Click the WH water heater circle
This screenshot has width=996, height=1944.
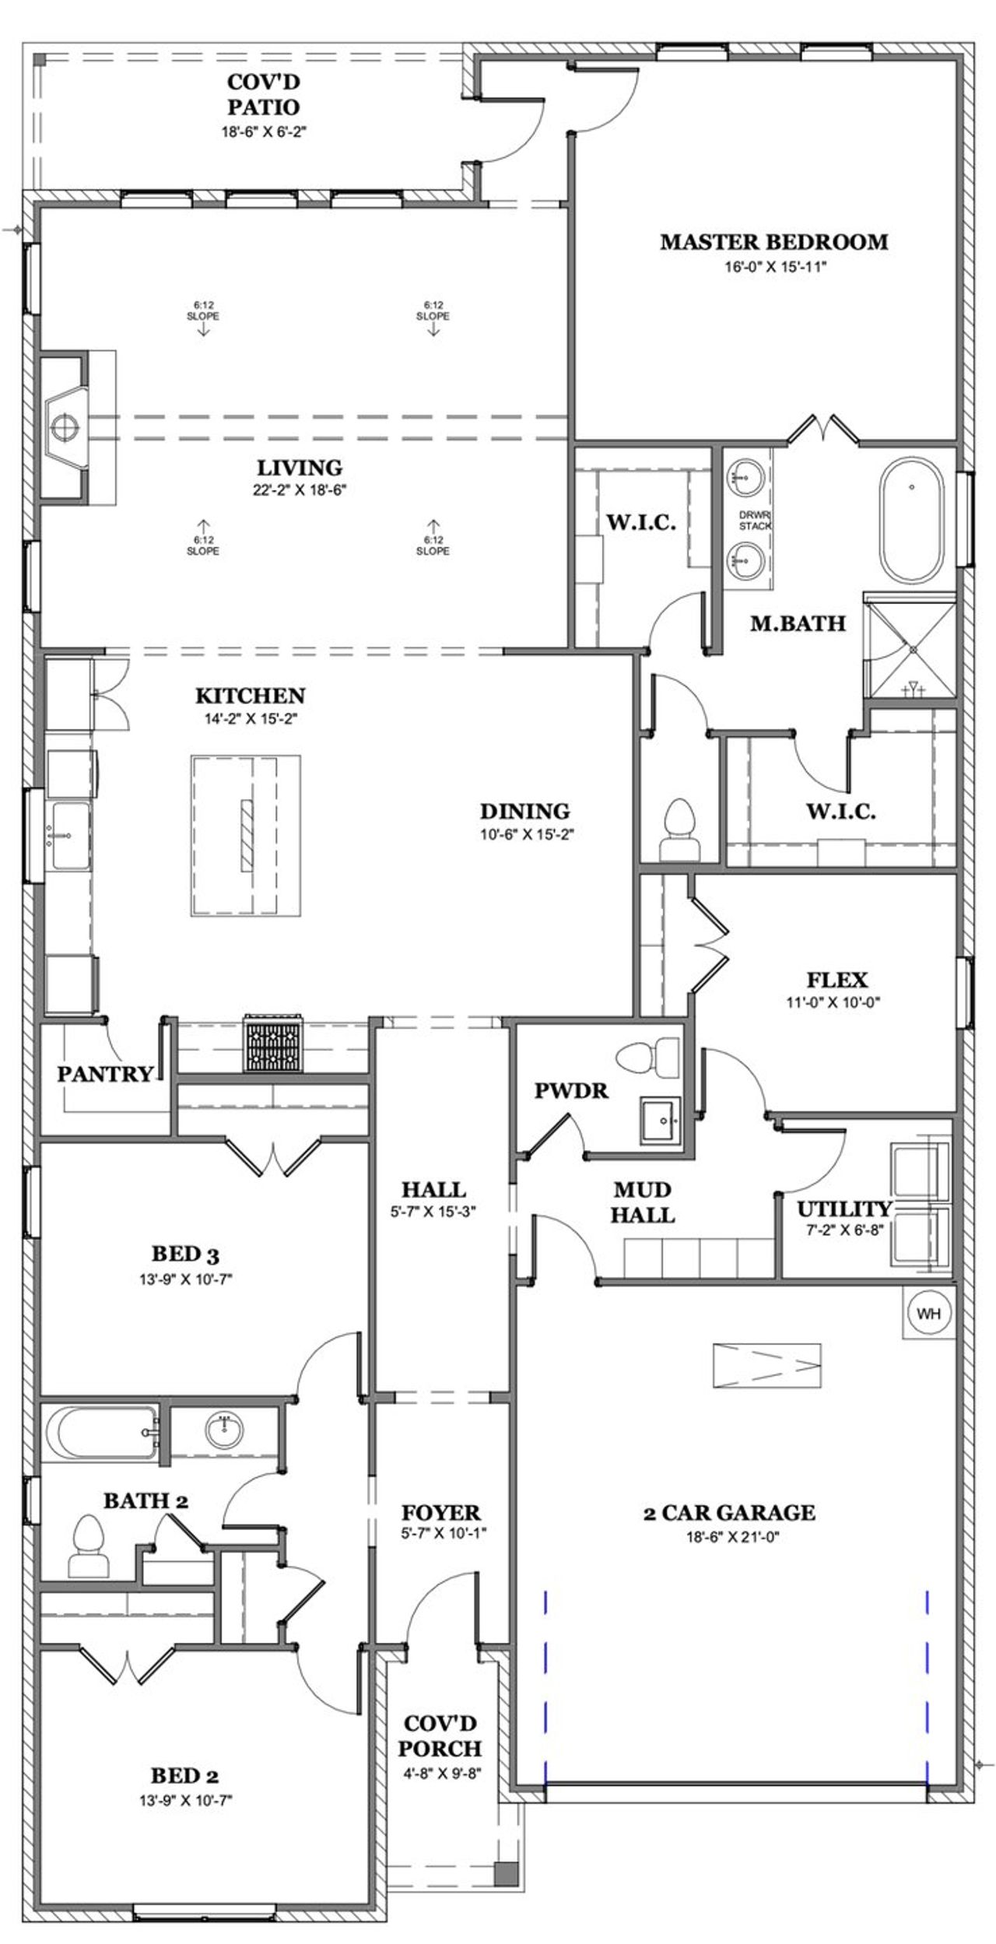[x=928, y=1313]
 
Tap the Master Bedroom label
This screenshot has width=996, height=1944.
[x=773, y=242]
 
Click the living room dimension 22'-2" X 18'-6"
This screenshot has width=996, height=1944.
[x=300, y=490]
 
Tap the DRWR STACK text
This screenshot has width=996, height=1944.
[x=755, y=521]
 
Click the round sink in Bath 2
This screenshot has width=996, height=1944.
[x=224, y=1430]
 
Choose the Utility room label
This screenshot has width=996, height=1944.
[x=844, y=1209]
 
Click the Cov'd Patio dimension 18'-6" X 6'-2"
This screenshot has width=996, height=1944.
[x=264, y=132]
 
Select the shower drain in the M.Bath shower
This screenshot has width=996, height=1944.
[x=912, y=649]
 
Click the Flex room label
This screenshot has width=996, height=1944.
[x=836, y=979]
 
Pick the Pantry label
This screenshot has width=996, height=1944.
[x=104, y=1075]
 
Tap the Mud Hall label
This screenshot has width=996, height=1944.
[x=642, y=1202]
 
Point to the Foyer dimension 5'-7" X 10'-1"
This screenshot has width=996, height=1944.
[x=440, y=1533]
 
